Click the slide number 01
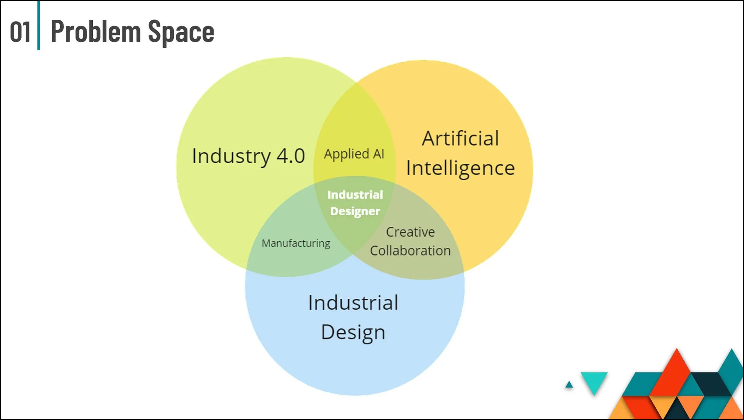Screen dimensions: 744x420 pos(20,32)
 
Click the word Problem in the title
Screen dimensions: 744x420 pos(96,32)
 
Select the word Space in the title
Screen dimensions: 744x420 pos(181,32)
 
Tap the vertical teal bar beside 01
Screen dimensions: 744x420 pos(39,25)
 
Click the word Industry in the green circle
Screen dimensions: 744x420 pos(231,156)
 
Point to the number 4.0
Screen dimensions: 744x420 pos(291,156)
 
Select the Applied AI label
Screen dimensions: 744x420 pos(354,154)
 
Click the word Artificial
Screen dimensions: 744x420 pos(460,138)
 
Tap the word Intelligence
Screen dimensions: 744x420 pos(460,168)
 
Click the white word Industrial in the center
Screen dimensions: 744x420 pos(355,195)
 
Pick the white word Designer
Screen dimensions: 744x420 pos(355,211)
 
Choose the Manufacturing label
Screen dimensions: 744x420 pos(296,243)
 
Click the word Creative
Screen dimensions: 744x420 pos(410,232)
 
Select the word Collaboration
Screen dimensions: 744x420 pos(410,251)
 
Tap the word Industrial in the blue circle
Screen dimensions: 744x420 pos(353,303)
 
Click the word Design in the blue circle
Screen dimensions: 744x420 pos(353,332)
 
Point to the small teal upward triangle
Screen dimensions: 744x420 pos(569,385)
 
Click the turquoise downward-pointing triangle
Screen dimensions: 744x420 pos(594,381)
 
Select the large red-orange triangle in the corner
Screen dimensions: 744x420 pos(676,374)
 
